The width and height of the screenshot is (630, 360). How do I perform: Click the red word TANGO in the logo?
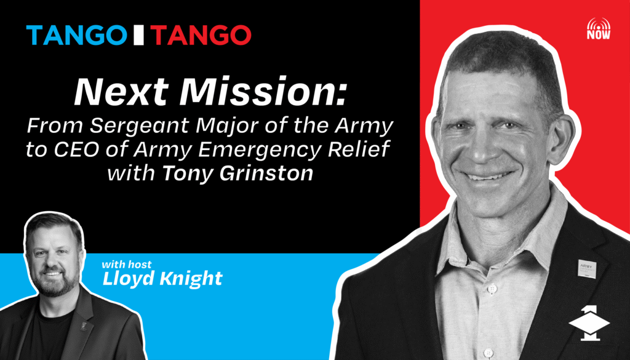[201, 35]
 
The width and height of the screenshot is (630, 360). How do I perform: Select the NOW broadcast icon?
[598, 28]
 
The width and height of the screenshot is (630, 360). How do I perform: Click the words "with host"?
[127, 265]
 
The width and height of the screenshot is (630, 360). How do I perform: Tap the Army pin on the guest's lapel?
[586, 269]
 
